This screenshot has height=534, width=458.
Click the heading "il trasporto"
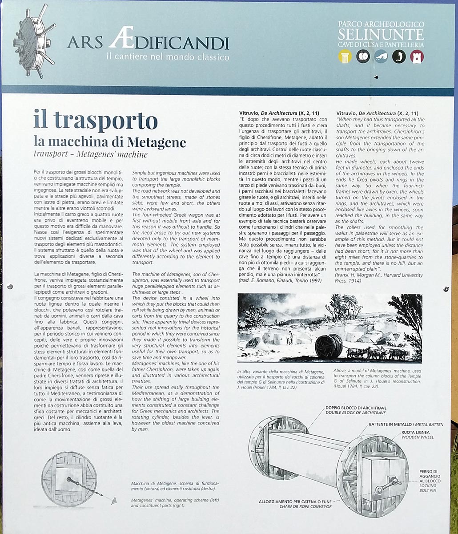[x=95, y=120]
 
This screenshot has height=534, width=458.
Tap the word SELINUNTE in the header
[x=380, y=34]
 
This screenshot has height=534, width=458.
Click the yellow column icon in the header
[x=344, y=57]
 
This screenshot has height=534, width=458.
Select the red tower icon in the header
[x=417, y=57]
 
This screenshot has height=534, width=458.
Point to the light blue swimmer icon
[x=381, y=57]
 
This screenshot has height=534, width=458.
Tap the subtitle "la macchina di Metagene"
[x=110, y=142]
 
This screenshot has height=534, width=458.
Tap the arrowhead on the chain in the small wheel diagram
[x=114, y=500]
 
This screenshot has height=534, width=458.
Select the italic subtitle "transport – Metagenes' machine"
[x=90, y=155]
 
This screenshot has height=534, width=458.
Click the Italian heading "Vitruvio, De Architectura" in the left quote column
[x=279, y=113]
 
